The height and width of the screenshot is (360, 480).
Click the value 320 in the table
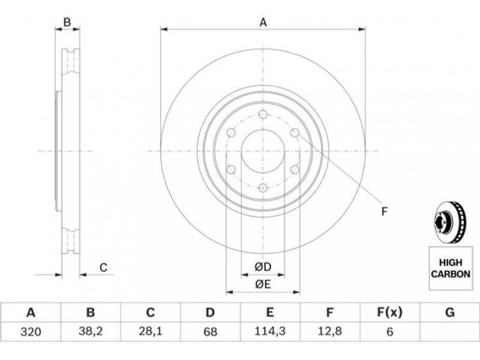[x=31, y=332]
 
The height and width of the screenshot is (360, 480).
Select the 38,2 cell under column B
[x=91, y=332]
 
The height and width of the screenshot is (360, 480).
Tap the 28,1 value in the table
[x=151, y=332]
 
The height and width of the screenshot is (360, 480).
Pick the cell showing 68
[x=211, y=332]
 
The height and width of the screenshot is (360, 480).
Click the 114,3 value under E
[x=270, y=331]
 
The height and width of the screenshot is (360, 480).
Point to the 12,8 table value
[x=329, y=331]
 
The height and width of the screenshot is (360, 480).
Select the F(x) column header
[x=389, y=313]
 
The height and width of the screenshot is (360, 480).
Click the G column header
[x=449, y=313]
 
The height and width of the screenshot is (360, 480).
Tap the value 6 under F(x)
[x=389, y=332]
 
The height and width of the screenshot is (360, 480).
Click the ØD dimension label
[x=263, y=267]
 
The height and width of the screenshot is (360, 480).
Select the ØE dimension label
[x=263, y=284]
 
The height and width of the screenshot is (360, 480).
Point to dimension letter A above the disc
[x=263, y=22]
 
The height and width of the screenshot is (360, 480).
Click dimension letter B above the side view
[x=67, y=22]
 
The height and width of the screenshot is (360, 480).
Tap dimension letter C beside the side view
[x=103, y=268]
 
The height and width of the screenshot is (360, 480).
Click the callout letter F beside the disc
[x=385, y=211]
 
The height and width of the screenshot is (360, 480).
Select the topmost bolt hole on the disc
[x=263, y=115]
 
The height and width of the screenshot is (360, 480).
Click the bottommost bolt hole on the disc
[x=263, y=188]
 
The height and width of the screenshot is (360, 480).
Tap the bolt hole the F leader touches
[x=295, y=133]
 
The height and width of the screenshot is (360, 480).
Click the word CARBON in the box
[x=451, y=274]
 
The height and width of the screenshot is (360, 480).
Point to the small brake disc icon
[x=449, y=223]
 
